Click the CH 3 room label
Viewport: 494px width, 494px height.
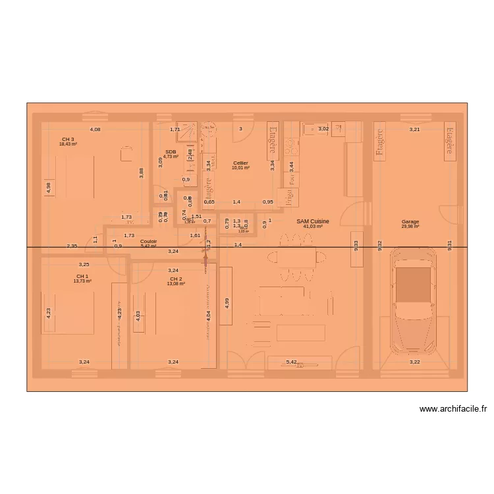[68, 140]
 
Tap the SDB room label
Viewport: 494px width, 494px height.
[171, 152]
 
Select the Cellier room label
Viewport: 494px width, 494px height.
[240, 163]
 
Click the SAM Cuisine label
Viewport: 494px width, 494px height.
[313, 222]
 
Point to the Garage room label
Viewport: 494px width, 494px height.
[410, 222]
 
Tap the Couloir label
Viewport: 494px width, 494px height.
[148, 242]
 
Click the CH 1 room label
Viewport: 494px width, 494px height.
[82, 277]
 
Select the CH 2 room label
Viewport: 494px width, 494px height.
[176, 279]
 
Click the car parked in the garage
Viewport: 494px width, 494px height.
[412, 300]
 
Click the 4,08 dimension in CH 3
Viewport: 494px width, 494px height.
[96, 130]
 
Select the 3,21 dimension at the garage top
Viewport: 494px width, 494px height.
[414, 130]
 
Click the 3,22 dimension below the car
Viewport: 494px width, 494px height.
[414, 362]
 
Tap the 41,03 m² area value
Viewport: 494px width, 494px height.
[313, 227]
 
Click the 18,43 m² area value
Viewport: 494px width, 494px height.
[68, 144]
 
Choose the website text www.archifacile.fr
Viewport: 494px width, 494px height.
[453, 409]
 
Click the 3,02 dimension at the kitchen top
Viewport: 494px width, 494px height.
[323, 130]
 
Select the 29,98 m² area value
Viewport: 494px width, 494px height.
[410, 227]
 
